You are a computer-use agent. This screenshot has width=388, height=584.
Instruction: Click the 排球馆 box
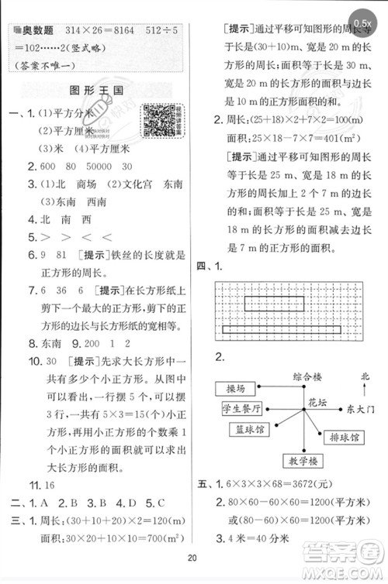(342, 438)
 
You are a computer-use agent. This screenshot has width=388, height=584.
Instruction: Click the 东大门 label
(359, 408)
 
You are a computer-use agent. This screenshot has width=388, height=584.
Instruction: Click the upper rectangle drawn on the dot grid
(273, 303)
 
